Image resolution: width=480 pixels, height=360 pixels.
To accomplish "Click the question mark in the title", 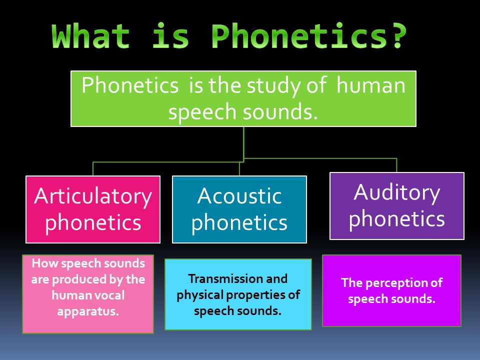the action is tap(398, 36).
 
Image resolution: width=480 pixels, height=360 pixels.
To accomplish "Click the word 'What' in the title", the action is tap(90, 36).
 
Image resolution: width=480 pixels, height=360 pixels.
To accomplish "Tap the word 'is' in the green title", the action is tap(170, 36).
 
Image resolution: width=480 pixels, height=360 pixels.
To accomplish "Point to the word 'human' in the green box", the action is tap(371, 85).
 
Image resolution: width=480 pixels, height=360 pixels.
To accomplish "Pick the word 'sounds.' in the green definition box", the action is tap(280, 112).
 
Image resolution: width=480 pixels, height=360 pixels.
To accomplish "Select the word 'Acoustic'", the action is tap(239, 195).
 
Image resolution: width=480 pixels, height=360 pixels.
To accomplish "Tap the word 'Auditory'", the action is tap(397, 193).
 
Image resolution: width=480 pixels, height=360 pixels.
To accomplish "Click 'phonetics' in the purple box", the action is tap(397, 219).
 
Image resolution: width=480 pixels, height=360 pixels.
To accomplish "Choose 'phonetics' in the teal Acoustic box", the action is tap(239, 222).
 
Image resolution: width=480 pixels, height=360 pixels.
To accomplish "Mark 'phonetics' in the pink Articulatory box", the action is tap(93, 223).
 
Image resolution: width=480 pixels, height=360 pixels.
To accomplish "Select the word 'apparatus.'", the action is tap(88, 312).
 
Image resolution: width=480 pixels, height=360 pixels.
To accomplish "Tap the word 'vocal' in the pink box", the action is tap(109, 295).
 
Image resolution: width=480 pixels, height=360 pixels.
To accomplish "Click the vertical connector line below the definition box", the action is tap(243, 144).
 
